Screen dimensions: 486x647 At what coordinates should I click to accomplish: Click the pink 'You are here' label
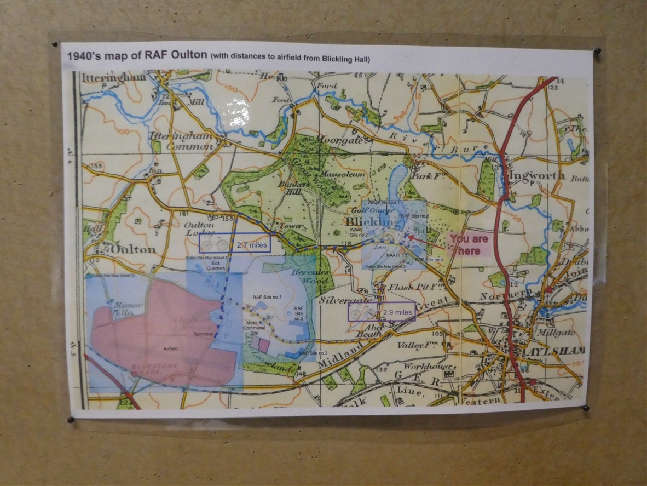pyautogui.click(x=468, y=245)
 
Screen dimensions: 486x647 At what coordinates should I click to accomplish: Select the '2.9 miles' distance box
pyautogui.click(x=382, y=312)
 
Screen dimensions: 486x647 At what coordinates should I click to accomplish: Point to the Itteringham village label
pyautogui.click(x=114, y=77)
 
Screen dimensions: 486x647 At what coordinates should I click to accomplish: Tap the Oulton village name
pyautogui.click(x=134, y=249)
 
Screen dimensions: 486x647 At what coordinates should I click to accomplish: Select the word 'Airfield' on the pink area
pyautogui.click(x=171, y=347)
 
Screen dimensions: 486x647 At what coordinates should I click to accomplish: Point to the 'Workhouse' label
pyautogui.click(x=428, y=366)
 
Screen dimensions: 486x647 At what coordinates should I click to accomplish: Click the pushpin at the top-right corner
pyautogui.click(x=597, y=51)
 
